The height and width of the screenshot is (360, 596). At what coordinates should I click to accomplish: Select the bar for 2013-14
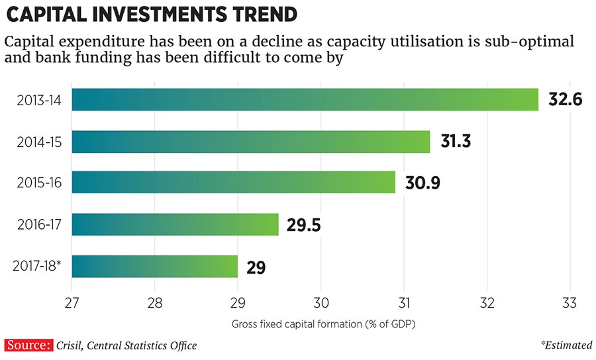305,99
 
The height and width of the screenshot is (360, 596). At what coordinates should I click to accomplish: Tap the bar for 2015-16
233,182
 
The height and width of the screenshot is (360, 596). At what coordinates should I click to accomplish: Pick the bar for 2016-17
175,224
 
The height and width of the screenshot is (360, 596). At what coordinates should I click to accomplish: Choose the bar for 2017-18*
154,266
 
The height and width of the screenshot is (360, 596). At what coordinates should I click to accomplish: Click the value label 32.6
565,100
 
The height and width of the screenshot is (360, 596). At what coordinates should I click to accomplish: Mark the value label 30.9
421,183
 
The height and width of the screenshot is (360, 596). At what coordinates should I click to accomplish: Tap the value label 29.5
304,225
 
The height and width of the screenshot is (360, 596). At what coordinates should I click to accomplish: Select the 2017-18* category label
38,267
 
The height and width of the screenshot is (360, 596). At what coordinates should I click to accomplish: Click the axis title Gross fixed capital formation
323,324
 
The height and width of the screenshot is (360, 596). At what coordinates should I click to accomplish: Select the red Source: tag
28,345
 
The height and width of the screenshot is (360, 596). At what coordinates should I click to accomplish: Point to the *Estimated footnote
566,345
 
